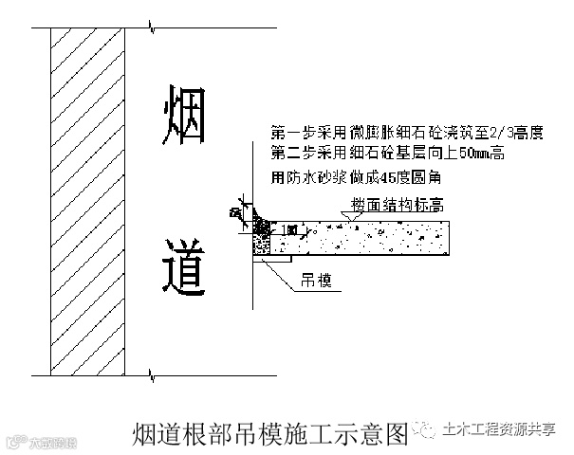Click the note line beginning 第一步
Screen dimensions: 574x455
click(406, 134)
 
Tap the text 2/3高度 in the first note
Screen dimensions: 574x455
click(518, 134)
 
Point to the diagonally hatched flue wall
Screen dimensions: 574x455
click(88, 199)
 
